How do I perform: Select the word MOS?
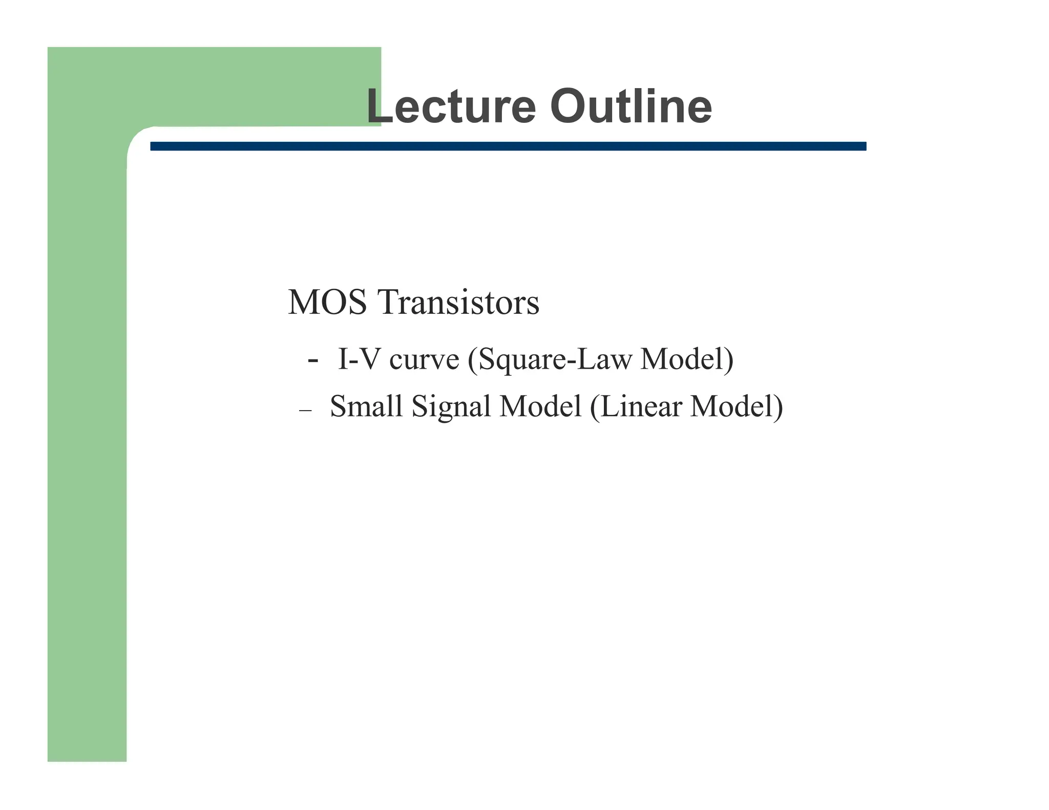[x=327, y=302]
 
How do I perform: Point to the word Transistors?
[x=458, y=302]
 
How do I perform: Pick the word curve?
[x=424, y=360]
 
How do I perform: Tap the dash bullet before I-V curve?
[x=312, y=360]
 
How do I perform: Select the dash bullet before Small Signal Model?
[x=305, y=411]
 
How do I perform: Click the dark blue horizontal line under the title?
[x=507, y=146]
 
